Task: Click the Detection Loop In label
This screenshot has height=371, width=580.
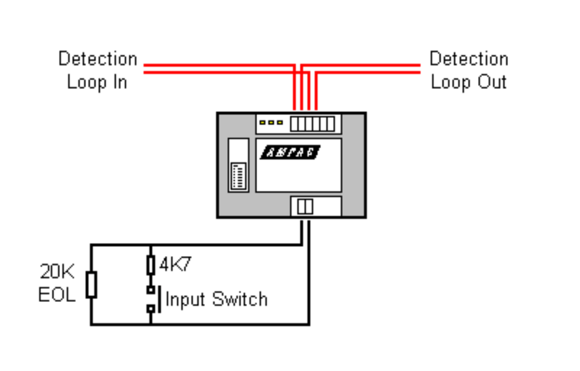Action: [97, 70]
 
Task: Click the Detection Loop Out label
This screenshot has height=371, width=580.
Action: [468, 70]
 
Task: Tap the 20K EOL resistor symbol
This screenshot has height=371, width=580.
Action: [91, 284]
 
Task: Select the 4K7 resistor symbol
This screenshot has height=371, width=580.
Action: [151, 265]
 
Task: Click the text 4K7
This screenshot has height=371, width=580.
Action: [175, 265]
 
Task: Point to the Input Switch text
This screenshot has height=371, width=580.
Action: [216, 298]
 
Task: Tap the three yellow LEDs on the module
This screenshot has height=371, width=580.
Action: [271, 122]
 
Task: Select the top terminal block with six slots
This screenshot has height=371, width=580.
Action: [312, 123]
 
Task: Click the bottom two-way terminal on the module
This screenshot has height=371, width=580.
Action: [305, 207]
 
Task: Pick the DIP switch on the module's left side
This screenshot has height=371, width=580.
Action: [237, 176]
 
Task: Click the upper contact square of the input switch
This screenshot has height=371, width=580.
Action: [151, 290]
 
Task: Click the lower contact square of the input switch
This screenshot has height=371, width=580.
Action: [151, 309]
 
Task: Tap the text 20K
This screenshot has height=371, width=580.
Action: [57, 272]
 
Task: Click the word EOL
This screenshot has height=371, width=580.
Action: [57, 295]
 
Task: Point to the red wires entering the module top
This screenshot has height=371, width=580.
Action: [305, 91]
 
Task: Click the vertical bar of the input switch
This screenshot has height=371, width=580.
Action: [158, 299]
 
